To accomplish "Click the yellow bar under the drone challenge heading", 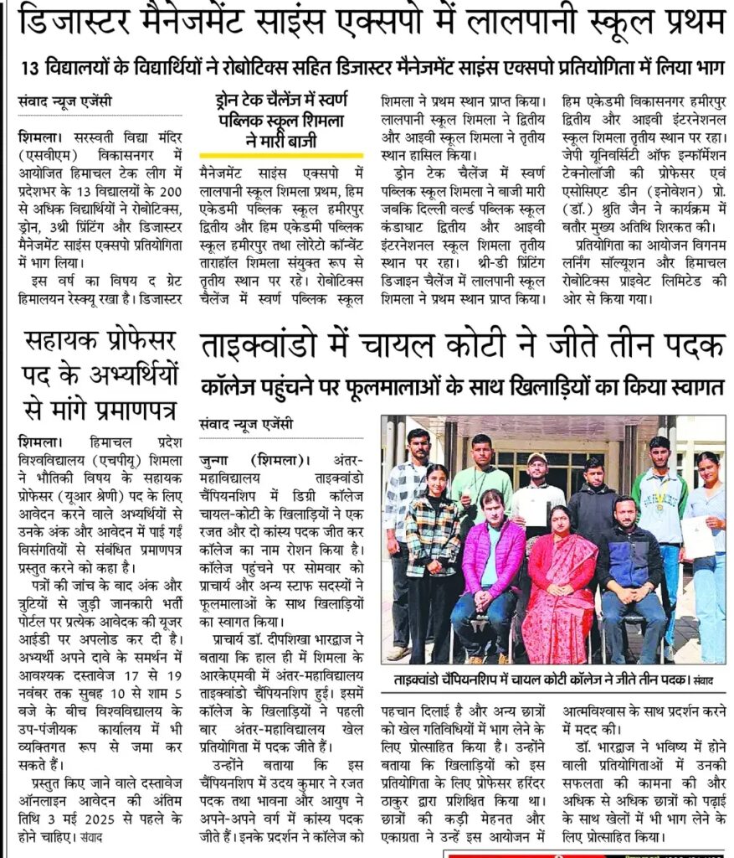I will (x=281, y=155).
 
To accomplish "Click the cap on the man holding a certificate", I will (x=536, y=459).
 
